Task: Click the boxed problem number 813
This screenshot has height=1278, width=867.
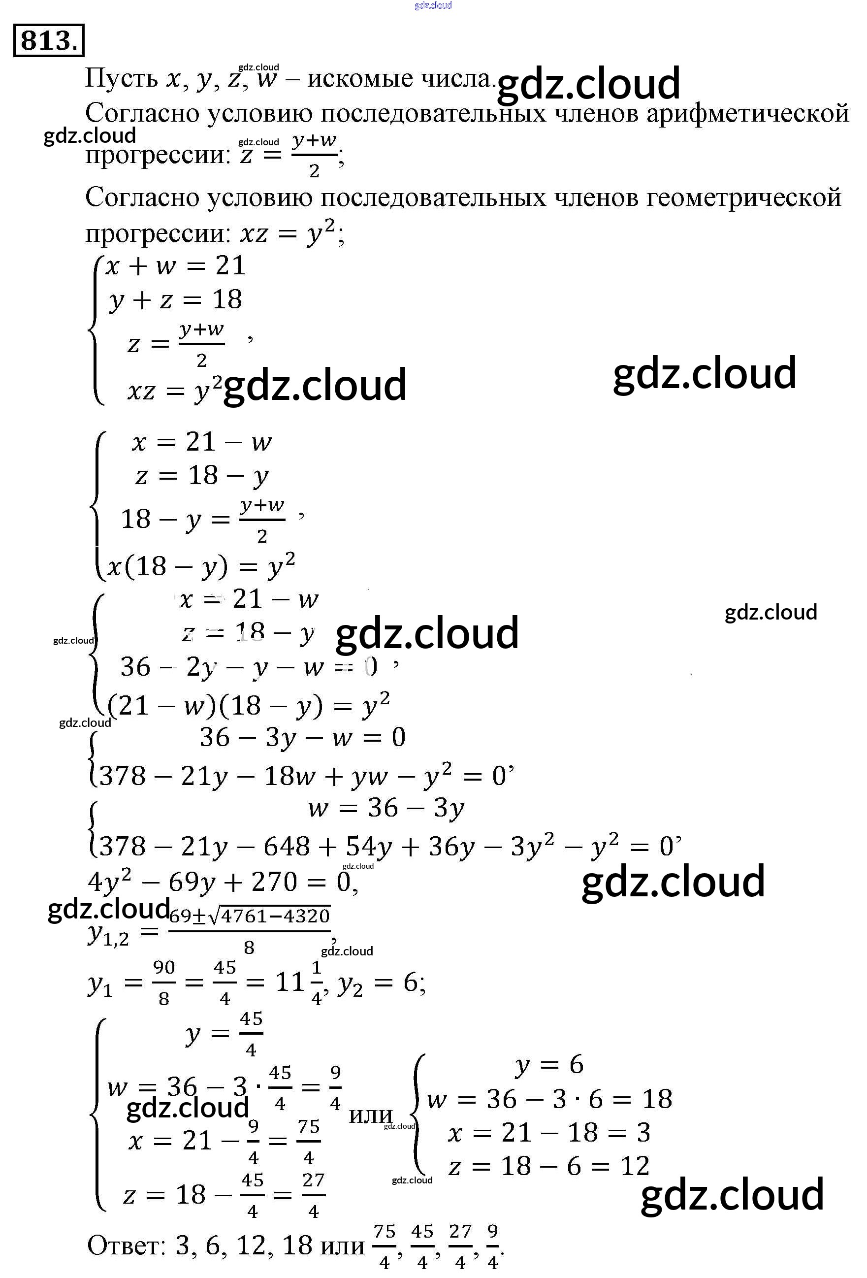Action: pyautogui.click(x=48, y=40)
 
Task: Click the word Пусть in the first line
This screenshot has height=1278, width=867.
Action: pyautogui.click(x=121, y=79)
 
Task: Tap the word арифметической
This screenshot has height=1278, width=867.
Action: pyautogui.click(x=747, y=114)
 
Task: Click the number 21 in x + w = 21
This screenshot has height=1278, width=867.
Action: pyautogui.click(x=230, y=266)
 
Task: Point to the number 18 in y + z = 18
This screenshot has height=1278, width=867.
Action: pyautogui.click(x=227, y=300)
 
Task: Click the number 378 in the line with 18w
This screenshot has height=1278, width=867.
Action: pyautogui.click(x=122, y=776)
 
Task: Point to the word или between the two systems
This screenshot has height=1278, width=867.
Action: pyautogui.click(x=370, y=1115)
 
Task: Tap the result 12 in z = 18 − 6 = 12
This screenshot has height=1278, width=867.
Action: pyautogui.click(x=635, y=1166)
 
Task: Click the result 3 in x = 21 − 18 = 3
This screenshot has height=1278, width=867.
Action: pyautogui.click(x=643, y=1132)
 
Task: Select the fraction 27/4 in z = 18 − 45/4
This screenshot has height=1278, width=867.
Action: pyautogui.click(x=314, y=1195)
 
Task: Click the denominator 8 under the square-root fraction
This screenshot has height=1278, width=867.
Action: pyautogui.click(x=249, y=947)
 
